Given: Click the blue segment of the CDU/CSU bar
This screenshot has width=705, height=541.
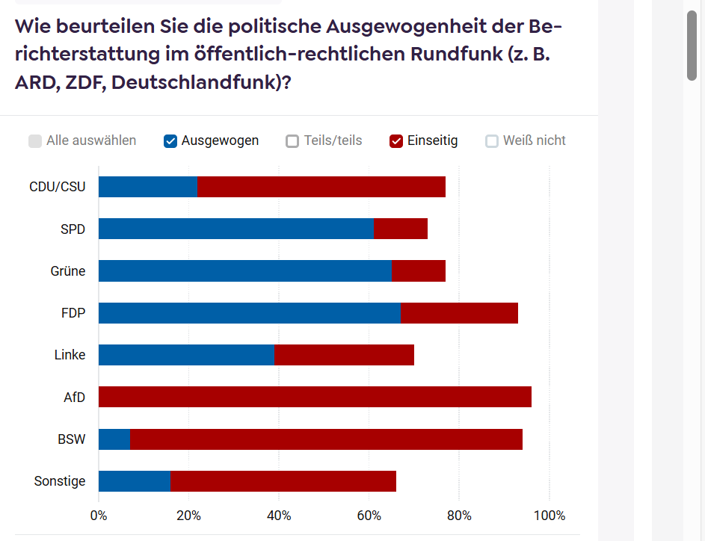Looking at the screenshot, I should pyautogui.click(x=147, y=187).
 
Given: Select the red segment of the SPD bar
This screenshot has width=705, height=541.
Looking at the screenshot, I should pyautogui.click(x=400, y=229).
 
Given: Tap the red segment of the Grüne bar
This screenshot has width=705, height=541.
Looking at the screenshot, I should pyautogui.click(x=418, y=270).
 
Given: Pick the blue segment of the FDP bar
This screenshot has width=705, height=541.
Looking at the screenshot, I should pyautogui.click(x=249, y=313).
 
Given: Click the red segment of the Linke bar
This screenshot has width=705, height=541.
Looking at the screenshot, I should pyautogui.click(x=344, y=355).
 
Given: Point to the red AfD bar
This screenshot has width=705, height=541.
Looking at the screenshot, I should pyautogui.click(x=315, y=397).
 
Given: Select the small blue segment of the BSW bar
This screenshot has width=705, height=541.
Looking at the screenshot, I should pyautogui.click(x=114, y=439).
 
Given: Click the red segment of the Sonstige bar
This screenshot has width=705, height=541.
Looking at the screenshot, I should pyautogui.click(x=283, y=481).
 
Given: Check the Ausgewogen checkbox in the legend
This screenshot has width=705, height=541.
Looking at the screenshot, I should pyautogui.click(x=170, y=141).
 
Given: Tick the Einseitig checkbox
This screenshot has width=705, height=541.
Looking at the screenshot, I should pyautogui.click(x=396, y=141).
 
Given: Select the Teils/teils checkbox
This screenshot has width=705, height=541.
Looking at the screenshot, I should pyautogui.click(x=292, y=141).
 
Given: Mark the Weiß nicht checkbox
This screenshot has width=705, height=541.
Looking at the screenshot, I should pyautogui.click(x=492, y=141).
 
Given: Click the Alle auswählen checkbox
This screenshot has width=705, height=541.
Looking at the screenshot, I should pyautogui.click(x=35, y=141).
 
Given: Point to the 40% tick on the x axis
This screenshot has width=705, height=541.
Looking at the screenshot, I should pyautogui.click(x=279, y=516).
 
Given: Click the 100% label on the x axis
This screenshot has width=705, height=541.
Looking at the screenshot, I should pyautogui.click(x=549, y=516).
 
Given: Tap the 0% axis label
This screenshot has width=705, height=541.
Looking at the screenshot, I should pyautogui.click(x=99, y=516).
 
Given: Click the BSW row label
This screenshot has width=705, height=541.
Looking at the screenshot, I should pyautogui.click(x=72, y=439).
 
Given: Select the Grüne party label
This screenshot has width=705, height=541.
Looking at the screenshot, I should pyautogui.click(x=68, y=270).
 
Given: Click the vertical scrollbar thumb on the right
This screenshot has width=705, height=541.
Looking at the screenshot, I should pyautogui.click(x=692, y=45).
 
